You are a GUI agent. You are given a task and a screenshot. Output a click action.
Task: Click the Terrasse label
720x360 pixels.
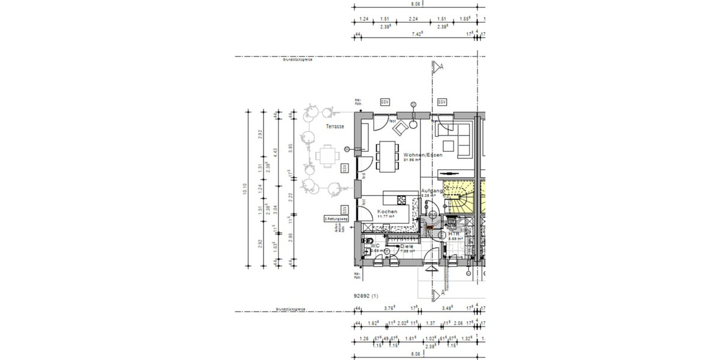(x=335, y=127)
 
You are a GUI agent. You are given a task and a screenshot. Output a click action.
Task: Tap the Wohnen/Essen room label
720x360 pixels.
(x=423, y=155)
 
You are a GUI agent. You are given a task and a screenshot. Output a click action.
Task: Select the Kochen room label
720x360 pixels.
(x=387, y=212)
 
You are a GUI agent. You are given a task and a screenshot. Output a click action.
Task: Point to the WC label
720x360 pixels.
(x=376, y=246)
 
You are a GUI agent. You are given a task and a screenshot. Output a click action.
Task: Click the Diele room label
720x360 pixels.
(x=408, y=247)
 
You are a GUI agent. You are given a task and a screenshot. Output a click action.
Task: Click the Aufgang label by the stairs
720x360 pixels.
(x=432, y=191)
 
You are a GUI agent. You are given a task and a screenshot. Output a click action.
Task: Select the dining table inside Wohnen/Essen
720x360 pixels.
(x=388, y=155)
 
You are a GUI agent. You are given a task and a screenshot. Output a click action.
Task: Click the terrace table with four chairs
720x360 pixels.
(x=327, y=157)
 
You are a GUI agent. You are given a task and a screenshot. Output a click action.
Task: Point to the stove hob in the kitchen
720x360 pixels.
(x=403, y=200)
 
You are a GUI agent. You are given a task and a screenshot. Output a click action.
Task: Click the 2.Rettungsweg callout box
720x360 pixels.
(x=337, y=219)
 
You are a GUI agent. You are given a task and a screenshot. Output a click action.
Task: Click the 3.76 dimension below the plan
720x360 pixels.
(x=388, y=308)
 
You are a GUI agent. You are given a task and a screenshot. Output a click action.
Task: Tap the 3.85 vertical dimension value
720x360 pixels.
(x=291, y=145)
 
